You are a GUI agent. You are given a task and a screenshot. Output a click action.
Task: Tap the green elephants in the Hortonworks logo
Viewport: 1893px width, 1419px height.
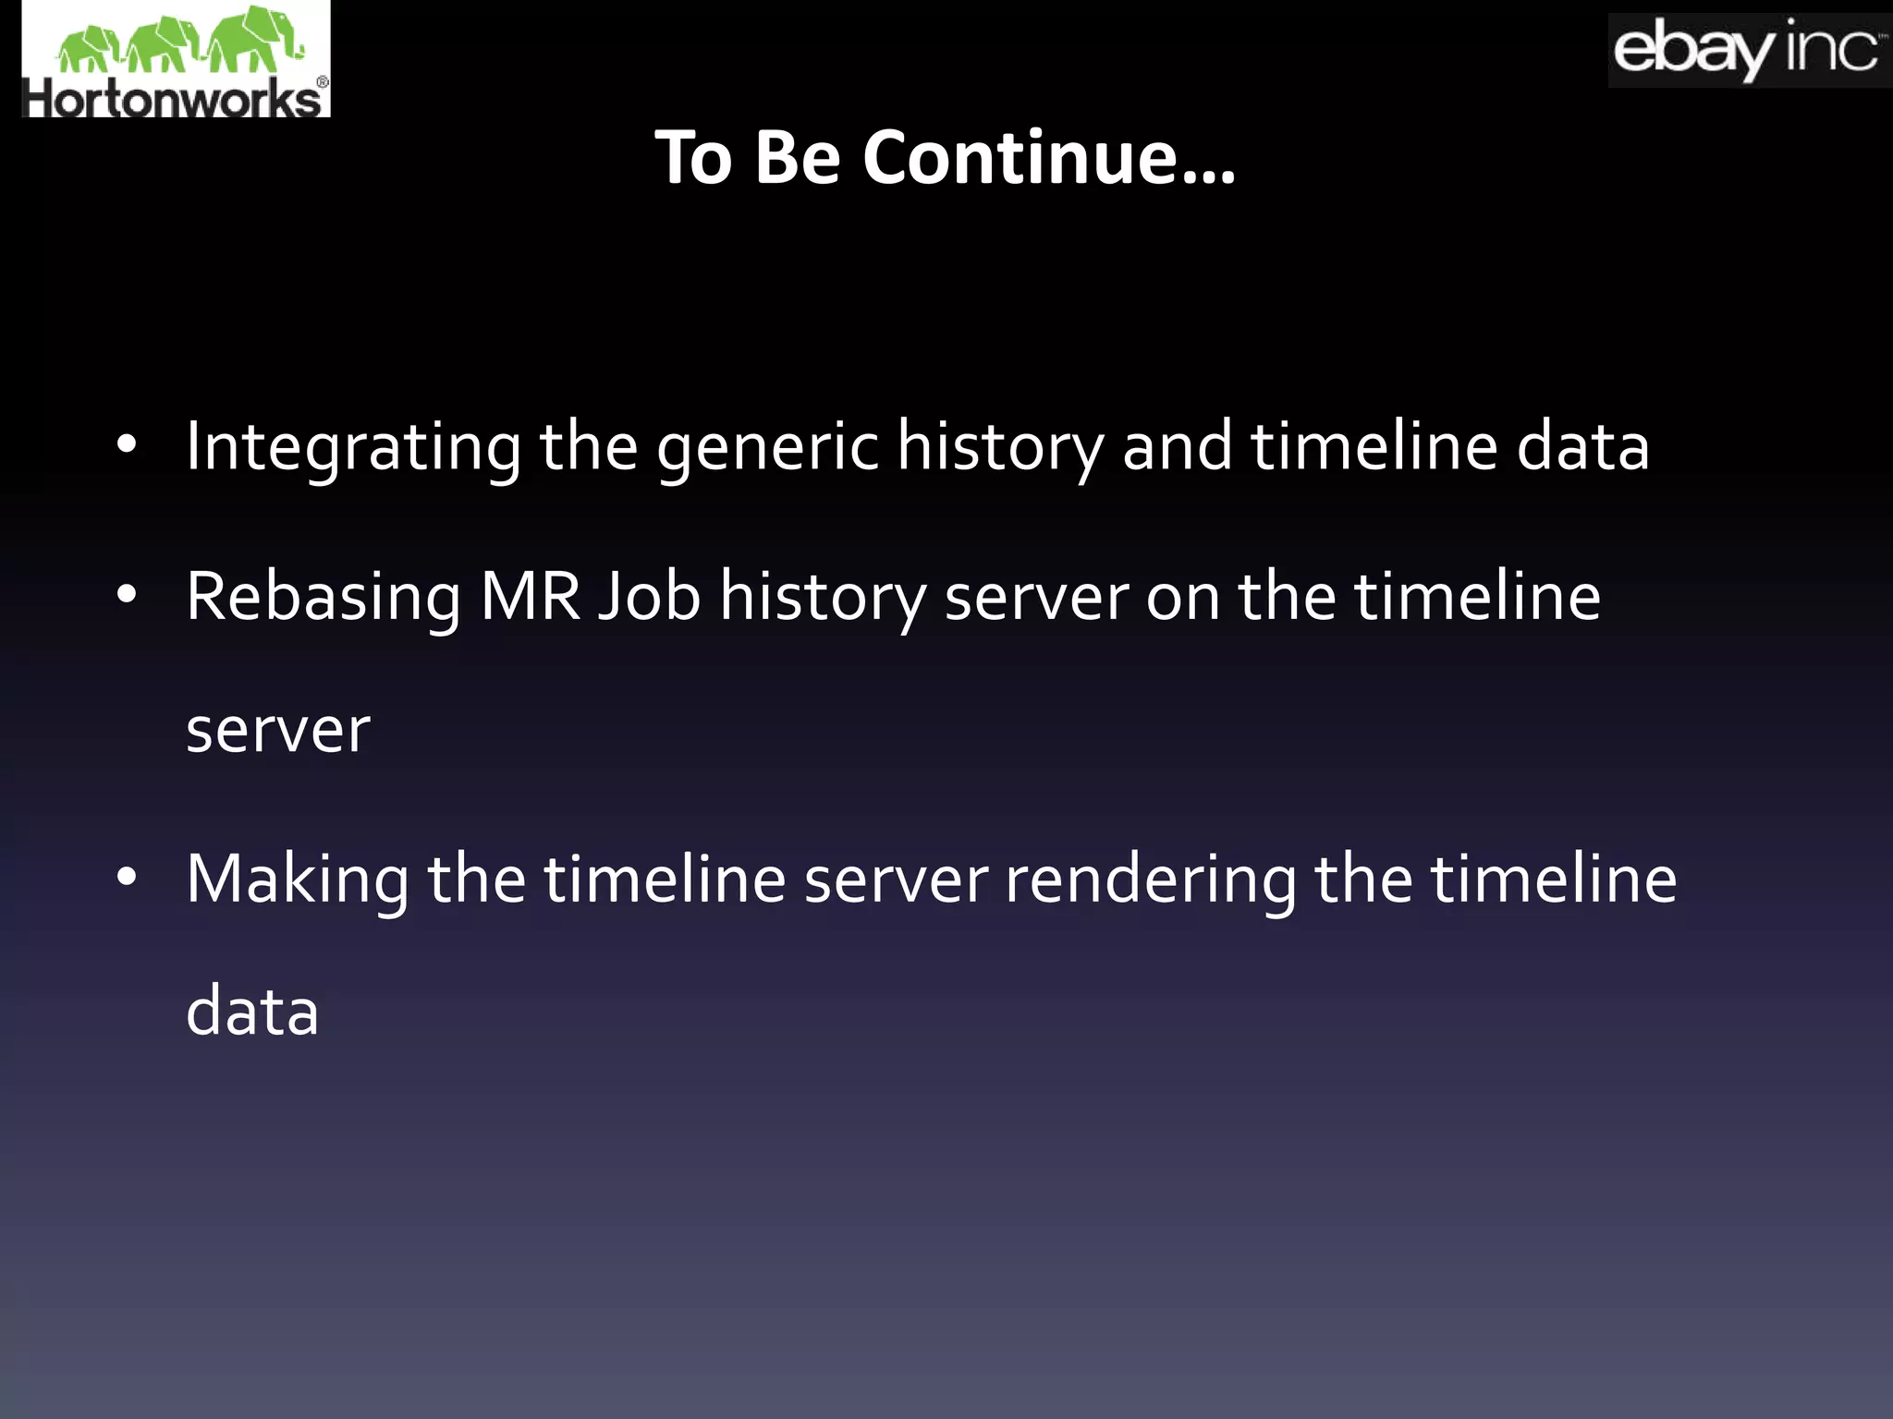[x=180, y=41]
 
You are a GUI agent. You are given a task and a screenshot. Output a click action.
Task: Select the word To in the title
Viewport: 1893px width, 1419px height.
[x=693, y=158]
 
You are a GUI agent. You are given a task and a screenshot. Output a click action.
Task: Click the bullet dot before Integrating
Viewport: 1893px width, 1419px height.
[x=127, y=445]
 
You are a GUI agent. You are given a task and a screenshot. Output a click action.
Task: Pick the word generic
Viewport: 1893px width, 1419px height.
[x=767, y=447]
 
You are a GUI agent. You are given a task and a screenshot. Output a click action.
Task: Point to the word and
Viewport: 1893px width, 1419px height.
[x=1177, y=447]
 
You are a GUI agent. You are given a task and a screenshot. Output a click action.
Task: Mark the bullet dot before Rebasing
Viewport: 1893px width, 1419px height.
[x=127, y=596]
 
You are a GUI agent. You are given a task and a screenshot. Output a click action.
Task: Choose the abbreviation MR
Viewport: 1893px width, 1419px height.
[x=530, y=596]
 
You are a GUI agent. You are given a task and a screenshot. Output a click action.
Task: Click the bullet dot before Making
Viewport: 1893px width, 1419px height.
[x=127, y=878]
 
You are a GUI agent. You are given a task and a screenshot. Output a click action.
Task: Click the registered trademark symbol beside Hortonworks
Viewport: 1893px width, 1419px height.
[x=322, y=83]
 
